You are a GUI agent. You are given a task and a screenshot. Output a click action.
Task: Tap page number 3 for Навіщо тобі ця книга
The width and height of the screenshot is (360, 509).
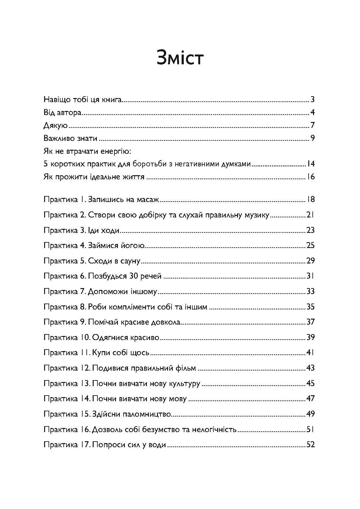coord(312,100)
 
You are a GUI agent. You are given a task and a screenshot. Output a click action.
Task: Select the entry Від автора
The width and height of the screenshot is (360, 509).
coord(62,113)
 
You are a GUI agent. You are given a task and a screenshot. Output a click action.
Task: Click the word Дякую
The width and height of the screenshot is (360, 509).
coord(55,126)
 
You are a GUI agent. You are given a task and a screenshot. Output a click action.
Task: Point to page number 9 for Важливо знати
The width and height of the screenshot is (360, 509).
coord(312,138)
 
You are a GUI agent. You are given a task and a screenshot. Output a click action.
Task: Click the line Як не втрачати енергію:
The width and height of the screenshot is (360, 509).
coord(87,151)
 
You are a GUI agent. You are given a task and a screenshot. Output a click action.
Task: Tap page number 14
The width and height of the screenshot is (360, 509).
coord(311,164)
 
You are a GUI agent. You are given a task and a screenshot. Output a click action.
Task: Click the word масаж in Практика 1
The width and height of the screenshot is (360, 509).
coord(149,200)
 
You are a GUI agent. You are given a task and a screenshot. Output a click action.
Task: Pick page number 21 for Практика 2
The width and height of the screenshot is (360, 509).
coord(310,215)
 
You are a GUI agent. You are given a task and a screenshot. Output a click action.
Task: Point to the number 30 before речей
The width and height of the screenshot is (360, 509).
coord(132,276)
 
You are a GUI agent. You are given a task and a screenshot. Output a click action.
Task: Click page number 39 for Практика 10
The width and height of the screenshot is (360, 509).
coord(311,337)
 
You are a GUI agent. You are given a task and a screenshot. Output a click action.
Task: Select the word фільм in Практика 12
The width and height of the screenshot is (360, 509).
coord(185,368)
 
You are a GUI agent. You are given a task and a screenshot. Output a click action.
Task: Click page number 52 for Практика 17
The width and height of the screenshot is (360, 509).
coord(311,445)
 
